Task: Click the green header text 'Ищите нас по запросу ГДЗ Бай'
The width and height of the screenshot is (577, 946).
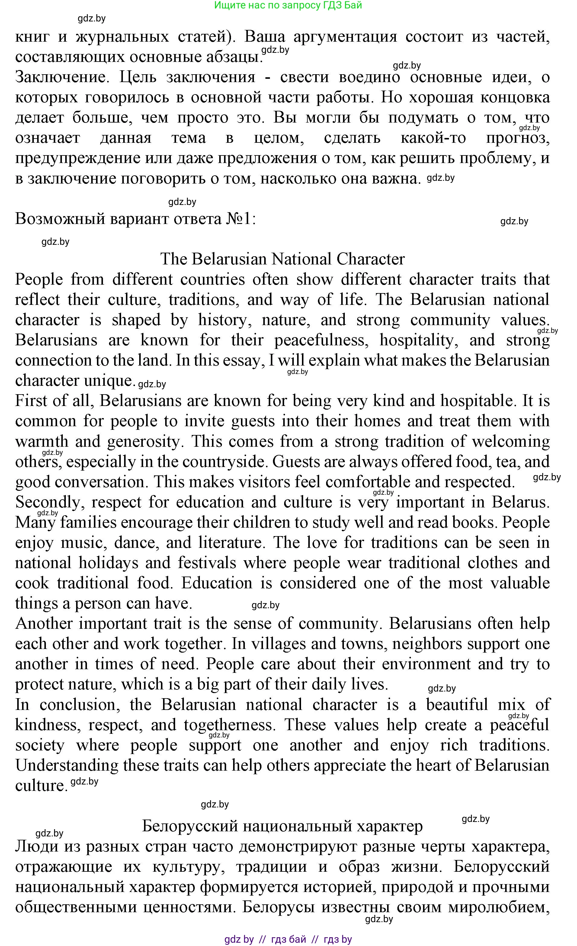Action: click(x=288, y=5)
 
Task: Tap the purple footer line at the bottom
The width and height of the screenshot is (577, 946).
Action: click(x=288, y=939)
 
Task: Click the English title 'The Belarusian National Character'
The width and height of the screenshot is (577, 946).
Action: click(x=282, y=259)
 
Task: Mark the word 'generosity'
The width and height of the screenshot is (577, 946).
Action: click(x=144, y=442)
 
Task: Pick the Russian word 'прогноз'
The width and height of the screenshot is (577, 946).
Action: click(x=518, y=138)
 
